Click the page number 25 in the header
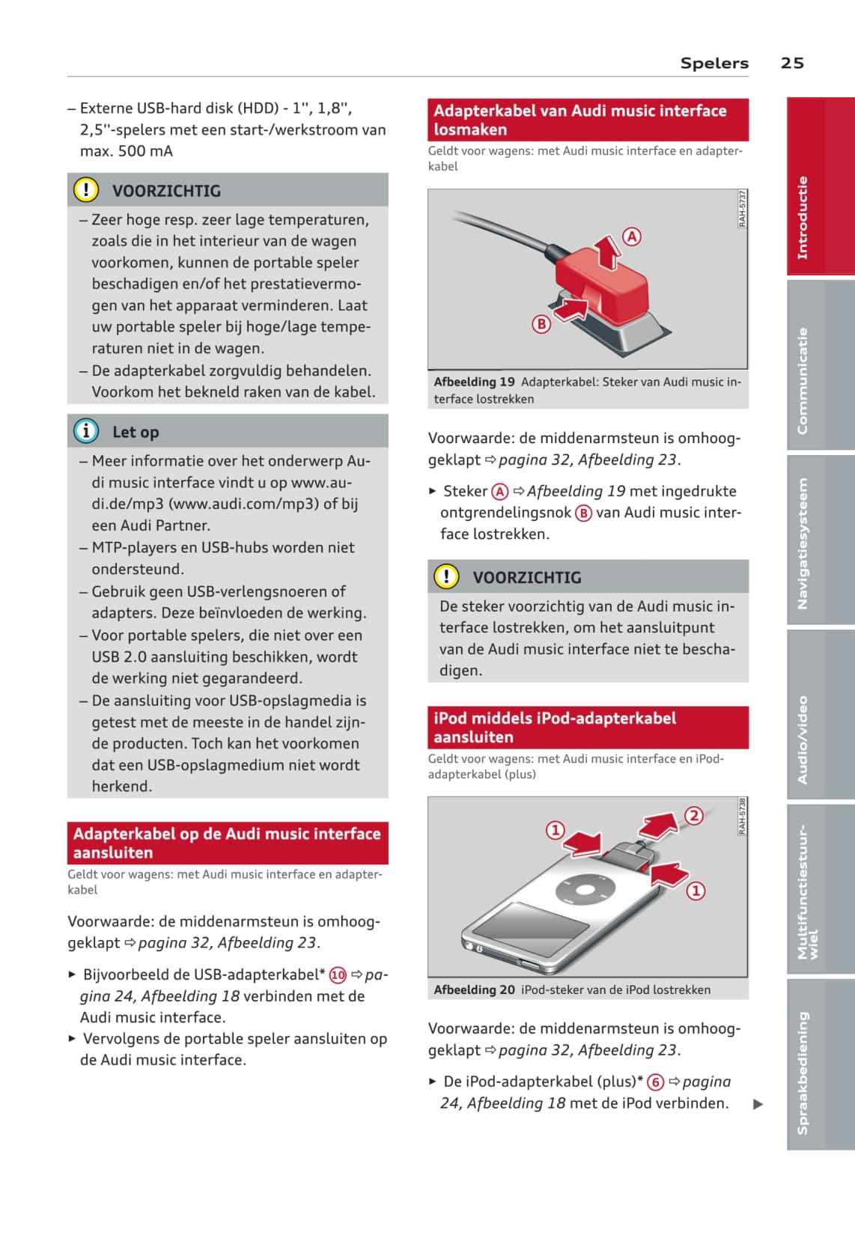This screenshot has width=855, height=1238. click(x=791, y=63)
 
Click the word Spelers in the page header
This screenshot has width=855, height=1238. click(x=713, y=63)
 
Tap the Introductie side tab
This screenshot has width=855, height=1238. click(x=803, y=217)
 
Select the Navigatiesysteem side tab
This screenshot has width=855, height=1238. click(x=803, y=543)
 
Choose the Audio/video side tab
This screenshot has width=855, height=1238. click(x=803, y=740)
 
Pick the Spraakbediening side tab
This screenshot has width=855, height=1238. click(x=803, y=1072)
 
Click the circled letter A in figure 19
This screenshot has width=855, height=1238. click(x=633, y=237)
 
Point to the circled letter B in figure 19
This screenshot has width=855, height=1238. click(x=541, y=323)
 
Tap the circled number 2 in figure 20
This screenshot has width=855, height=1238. click(x=694, y=815)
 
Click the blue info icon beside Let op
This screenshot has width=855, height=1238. click(x=86, y=431)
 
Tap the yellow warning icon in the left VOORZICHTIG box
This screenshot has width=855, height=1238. click(x=86, y=190)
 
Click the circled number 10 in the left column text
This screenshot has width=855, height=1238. click(x=338, y=975)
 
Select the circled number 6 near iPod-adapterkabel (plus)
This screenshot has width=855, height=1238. click(x=655, y=1082)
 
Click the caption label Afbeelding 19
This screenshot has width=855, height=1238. click(x=474, y=382)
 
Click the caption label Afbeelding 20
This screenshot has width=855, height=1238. click(x=474, y=990)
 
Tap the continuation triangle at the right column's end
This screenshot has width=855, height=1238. click(x=758, y=1104)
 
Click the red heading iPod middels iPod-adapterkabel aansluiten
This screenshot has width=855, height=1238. click(x=554, y=728)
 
